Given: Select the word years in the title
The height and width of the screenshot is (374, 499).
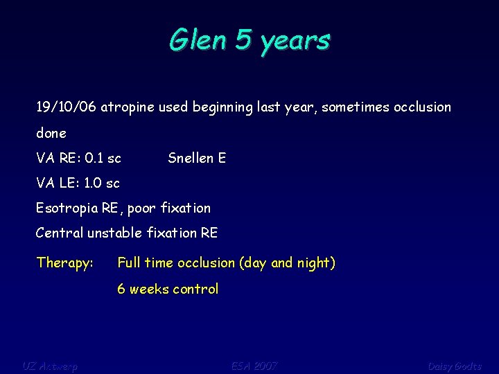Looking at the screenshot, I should tap(295, 42).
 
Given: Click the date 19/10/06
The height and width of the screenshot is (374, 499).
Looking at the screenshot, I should tap(67, 107).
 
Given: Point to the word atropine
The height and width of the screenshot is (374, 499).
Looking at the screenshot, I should tap(128, 108).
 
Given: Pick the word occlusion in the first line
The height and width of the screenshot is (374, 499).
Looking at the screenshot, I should tap(422, 107).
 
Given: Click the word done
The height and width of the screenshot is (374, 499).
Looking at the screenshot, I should tap(51, 133).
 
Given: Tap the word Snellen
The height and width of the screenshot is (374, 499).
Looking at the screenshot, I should tap(191, 158).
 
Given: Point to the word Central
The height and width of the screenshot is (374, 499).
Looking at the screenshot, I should tap(60, 233).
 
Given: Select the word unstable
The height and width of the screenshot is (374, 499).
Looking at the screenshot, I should tap(114, 233).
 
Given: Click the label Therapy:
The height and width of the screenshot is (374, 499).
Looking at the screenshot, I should tap(65, 263).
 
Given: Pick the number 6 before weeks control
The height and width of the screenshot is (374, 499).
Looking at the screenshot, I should tap(121, 290).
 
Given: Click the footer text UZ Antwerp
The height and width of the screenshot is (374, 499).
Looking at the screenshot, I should tap(50, 366).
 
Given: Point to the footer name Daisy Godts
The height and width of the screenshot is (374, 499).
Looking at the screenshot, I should tap(454, 366).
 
